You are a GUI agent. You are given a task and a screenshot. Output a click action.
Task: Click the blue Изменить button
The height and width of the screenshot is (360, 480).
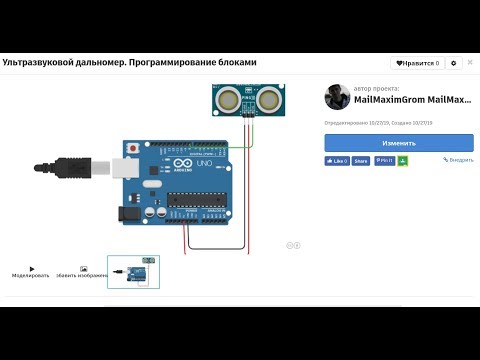(x=399, y=143)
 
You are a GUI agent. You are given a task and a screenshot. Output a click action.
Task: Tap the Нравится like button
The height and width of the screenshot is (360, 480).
(x=418, y=63)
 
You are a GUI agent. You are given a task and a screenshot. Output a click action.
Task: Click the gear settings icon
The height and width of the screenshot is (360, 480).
(x=454, y=63)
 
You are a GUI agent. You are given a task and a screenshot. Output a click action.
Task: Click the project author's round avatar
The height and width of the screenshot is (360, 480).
(x=336, y=97)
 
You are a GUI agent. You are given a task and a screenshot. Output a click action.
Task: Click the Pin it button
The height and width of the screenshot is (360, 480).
(x=385, y=160)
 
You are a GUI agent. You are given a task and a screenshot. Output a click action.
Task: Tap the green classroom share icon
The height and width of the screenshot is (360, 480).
(x=403, y=160)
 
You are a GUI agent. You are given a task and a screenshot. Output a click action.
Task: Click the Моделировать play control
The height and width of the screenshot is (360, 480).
(x=31, y=271)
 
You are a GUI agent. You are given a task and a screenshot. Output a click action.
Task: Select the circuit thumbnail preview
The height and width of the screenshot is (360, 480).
(x=133, y=272)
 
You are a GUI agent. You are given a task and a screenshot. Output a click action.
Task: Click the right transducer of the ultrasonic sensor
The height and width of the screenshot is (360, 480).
(x=268, y=100)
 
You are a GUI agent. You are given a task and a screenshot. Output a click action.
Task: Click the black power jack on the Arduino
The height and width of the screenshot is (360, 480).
(x=127, y=213)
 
